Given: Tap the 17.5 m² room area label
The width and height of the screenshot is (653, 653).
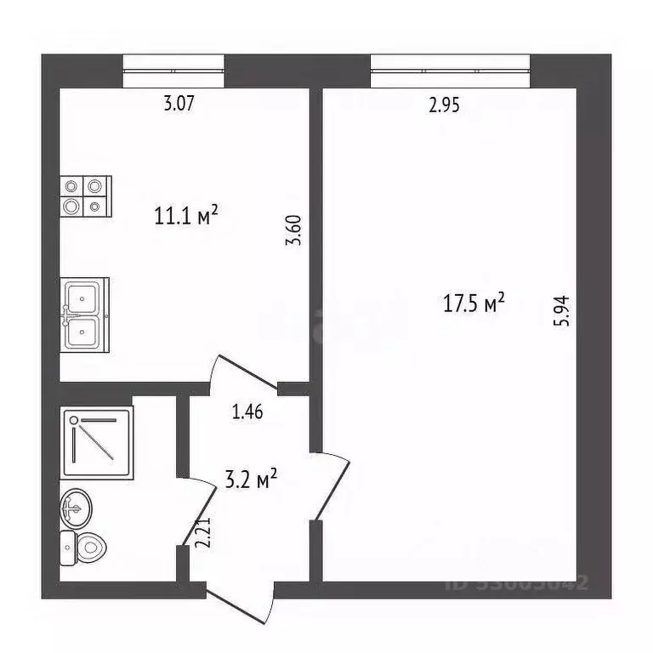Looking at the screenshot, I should [x=474, y=304].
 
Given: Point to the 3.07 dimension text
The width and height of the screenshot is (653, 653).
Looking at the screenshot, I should [x=179, y=105].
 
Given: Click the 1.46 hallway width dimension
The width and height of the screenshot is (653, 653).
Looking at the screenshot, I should [x=247, y=413].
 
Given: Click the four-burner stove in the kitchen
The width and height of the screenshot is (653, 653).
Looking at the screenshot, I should [x=85, y=195].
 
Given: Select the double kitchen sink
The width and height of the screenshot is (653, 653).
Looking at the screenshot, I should [x=84, y=314].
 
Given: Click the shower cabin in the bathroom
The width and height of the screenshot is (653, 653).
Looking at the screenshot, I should [x=97, y=440].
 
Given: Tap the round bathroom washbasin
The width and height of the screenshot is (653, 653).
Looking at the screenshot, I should [x=74, y=511].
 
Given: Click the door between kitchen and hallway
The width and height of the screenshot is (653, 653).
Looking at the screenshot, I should [x=247, y=374].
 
